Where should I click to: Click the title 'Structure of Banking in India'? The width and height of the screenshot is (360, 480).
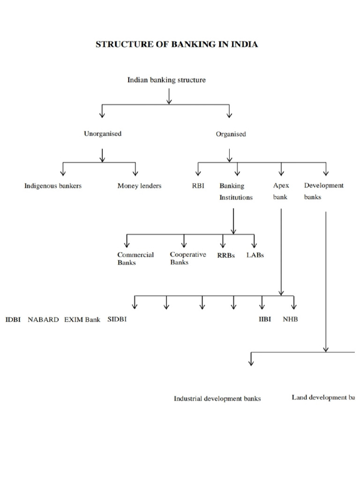click(177, 45)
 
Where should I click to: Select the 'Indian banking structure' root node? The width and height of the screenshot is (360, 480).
click(166, 80)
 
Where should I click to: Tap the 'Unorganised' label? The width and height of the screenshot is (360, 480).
click(103, 134)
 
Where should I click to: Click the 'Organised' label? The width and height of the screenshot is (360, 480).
click(231, 134)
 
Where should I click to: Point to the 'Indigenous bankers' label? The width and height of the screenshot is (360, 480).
click(53, 186)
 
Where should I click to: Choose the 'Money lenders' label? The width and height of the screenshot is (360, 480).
click(139, 186)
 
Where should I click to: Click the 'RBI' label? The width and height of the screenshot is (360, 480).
click(198, 186)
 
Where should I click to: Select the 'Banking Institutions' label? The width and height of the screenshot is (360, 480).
click(235, 191)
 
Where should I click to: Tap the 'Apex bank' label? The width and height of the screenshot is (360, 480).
click(281, 191)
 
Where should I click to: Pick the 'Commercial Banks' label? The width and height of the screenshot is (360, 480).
click(135, 259)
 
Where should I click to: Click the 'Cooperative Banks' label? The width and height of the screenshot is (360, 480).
click(187, 258)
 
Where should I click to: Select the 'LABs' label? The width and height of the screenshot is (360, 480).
click(255, 255)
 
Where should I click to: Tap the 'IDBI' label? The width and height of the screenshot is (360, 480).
click(13, 320)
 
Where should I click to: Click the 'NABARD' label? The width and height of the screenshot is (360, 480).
click(43, 320)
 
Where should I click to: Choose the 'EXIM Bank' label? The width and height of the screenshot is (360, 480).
click(82, 320)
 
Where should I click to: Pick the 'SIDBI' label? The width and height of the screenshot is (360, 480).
click(117, 319)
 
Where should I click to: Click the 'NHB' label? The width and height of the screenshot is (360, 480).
click(290, 320)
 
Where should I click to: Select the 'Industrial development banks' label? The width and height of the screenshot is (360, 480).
click(217, 398)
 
